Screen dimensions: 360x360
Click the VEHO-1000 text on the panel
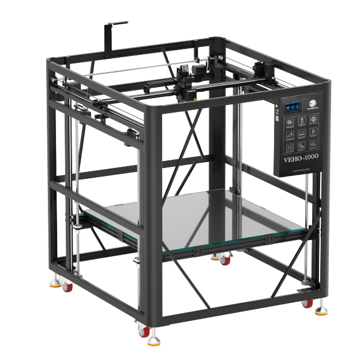click(301, 159)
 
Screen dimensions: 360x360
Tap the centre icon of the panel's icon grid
click(301, 132)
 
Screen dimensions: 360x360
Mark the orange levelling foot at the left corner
click(55, 283)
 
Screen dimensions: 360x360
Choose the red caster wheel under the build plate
click(225, 261)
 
